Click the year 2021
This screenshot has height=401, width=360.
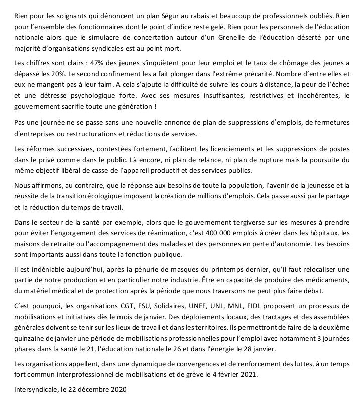(243, 373)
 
